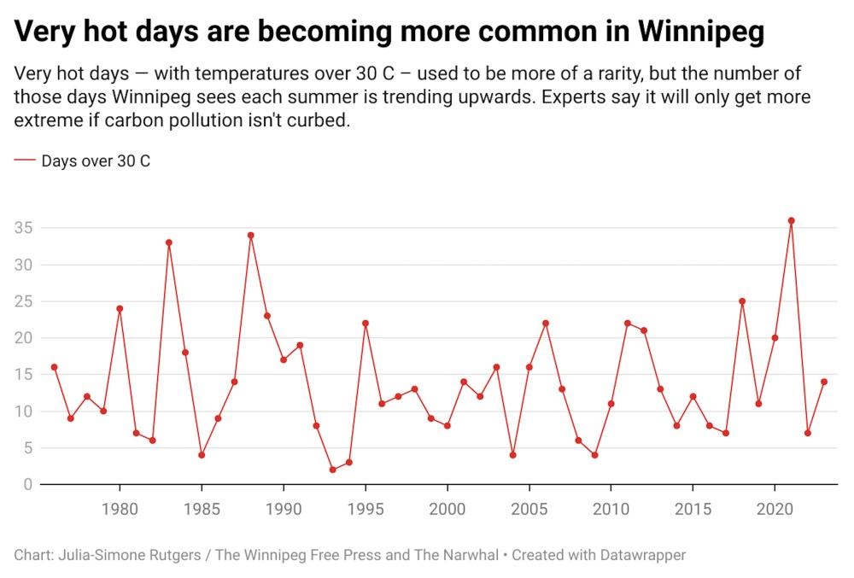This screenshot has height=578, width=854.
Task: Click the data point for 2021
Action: coord(791,220)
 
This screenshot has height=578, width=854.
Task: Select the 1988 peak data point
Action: coord(250,235)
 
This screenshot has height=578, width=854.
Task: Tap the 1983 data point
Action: coord(168,242)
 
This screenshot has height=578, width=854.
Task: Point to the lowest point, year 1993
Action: coord(332,470)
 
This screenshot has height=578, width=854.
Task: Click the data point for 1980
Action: coord(120,308)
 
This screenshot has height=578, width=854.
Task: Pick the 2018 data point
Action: coord(742,301)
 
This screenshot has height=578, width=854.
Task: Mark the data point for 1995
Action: coord(365,323)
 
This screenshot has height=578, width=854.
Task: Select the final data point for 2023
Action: coord(824,382)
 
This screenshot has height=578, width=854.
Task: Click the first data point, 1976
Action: coord(54,367)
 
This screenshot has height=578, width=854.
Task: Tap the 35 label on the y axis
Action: coord(22,228)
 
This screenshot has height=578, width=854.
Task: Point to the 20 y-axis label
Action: coord(22,338)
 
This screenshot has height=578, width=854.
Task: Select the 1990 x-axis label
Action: coord(283,508)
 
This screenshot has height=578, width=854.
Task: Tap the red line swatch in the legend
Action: coord(25,160)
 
